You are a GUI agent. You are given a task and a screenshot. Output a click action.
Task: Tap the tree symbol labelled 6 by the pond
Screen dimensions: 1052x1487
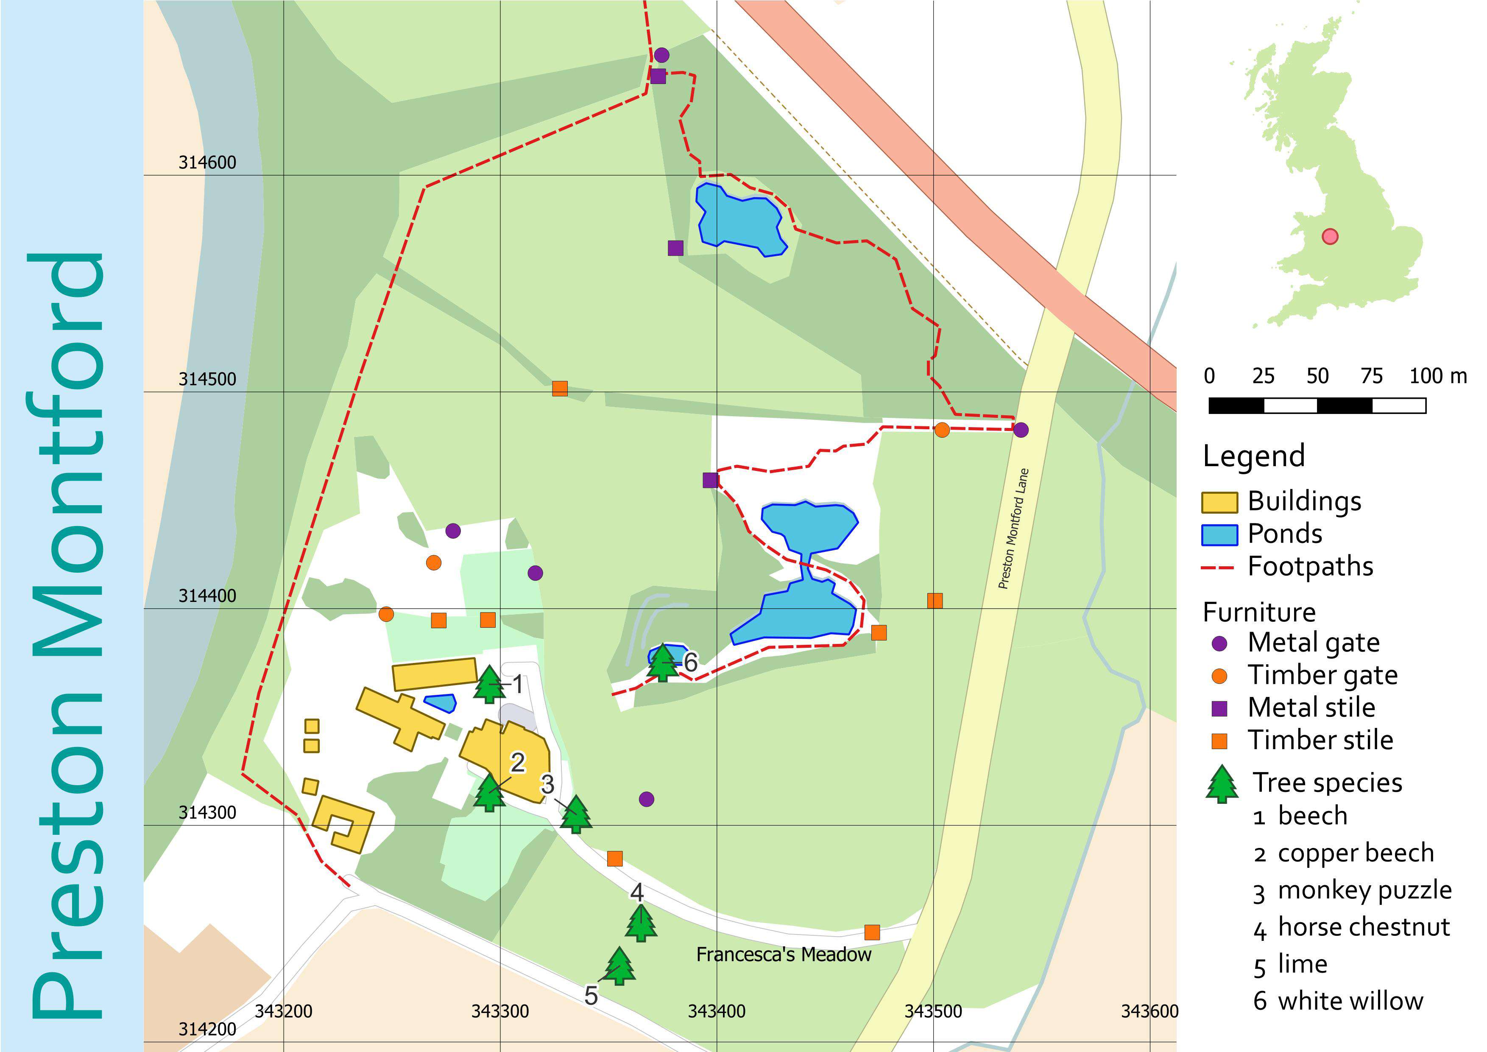(662, 662)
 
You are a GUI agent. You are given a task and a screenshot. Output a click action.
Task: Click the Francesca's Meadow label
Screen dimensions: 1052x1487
(783, 954)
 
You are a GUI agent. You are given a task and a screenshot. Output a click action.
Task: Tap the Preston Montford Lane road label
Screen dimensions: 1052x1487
(1013, 528)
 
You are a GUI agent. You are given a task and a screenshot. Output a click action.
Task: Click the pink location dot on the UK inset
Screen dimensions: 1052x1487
(1330, 236)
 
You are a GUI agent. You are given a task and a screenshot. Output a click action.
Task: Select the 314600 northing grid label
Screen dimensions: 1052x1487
(207, 162)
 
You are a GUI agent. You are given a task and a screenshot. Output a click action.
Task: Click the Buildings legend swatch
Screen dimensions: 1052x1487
(1219, 502)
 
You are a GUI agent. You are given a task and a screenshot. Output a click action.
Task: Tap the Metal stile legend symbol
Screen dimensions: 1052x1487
(1219, 708)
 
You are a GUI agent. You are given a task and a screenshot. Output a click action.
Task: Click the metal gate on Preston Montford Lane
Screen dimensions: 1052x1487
(1021, 429)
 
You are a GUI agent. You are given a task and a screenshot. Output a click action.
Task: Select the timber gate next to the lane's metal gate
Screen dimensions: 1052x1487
(942, 429)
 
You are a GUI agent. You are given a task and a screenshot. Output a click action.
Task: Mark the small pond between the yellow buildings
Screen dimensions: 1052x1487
(441, 702)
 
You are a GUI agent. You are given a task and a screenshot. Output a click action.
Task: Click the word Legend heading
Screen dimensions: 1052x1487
(1253, 456)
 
